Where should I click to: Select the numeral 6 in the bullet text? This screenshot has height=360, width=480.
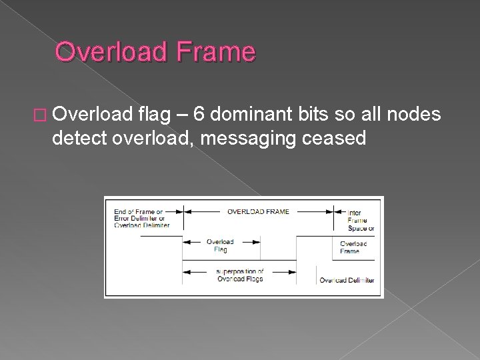click(201, 117)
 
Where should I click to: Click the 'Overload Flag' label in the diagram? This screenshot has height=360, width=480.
click(220, 245)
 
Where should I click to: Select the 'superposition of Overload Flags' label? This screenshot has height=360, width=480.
click(240, 275)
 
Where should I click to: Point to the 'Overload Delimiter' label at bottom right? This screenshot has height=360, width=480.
click(347, 280)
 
